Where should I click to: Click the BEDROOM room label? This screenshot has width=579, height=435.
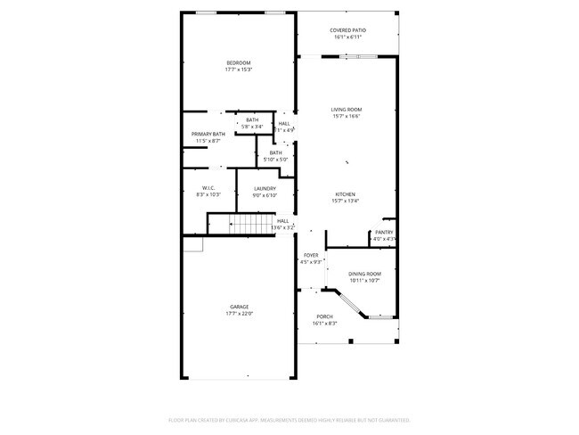click(238, 62)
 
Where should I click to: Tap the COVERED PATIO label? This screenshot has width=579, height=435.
click(348, 30)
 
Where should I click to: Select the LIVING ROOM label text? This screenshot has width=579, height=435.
click(347, 110)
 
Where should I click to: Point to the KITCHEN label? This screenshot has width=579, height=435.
click(346, 194)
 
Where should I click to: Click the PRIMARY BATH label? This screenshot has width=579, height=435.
click(208, 134)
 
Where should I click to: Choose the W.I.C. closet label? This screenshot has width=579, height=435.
click(208, 188)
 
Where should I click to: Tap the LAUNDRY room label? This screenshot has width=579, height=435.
click(265, 188)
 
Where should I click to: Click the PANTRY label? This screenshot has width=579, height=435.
click(384, 233)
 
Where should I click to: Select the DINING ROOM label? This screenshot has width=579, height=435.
click(363, 274)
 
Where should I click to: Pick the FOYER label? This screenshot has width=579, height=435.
click(311, 255)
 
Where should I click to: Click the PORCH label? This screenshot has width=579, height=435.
click(324, 316)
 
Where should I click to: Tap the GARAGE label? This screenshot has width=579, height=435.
click(239, 307)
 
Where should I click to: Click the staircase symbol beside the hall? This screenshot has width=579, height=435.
click(251, 224)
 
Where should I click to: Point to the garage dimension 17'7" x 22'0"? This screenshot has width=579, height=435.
click(239, 314)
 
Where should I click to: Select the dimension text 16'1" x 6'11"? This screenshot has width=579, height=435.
click(348, 37)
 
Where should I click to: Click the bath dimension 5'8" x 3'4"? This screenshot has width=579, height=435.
click(252, 127)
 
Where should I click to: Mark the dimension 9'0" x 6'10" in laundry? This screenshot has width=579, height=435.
click(265, 195)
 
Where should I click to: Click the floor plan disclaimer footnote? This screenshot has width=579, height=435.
click(289, 419)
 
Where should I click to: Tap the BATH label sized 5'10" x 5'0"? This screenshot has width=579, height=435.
click(276, 152)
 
